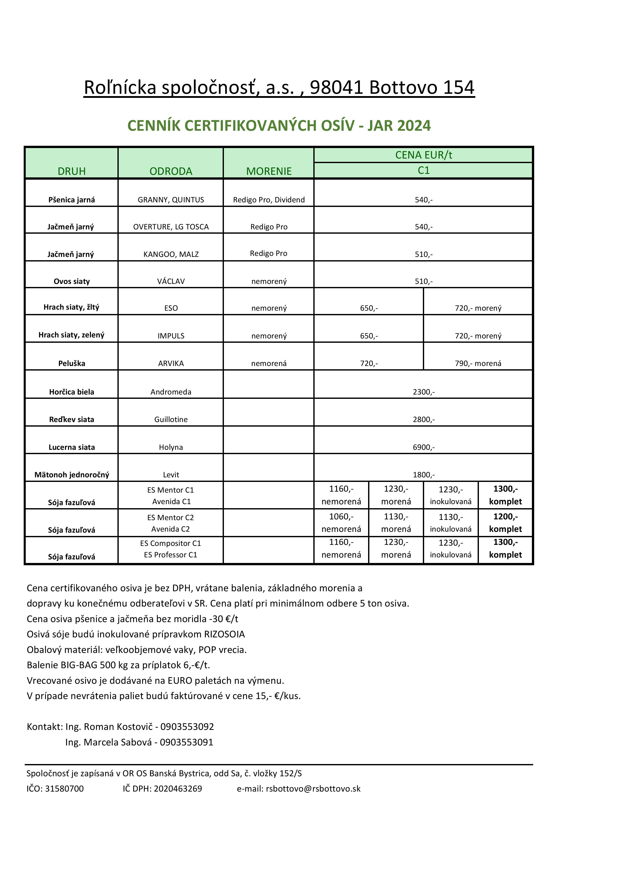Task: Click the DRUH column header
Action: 72,171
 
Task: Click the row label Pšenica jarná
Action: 72,200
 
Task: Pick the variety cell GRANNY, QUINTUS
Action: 171,200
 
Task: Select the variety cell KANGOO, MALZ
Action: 171,254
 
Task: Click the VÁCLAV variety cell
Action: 171,281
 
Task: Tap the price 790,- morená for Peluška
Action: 478,363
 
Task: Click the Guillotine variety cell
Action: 171,419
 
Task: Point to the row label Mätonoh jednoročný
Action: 72,475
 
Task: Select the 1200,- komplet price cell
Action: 505,522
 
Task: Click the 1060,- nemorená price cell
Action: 341,522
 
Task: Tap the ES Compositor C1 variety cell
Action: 171,543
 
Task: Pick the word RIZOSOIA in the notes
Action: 224,634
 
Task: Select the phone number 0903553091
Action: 186,742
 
